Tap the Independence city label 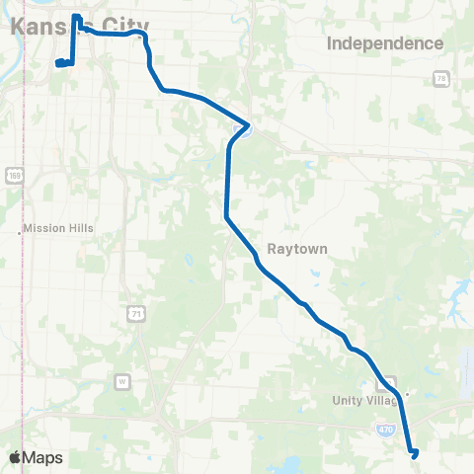click(x=384, y=43)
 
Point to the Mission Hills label click(x=58, y=228)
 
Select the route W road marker click(x=122, y=380)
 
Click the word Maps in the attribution click(x=43, y=457)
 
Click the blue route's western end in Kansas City click(x=57, y=64)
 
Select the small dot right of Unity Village click(x=408, y=392)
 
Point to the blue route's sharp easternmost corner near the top click(x=247, y=126)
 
